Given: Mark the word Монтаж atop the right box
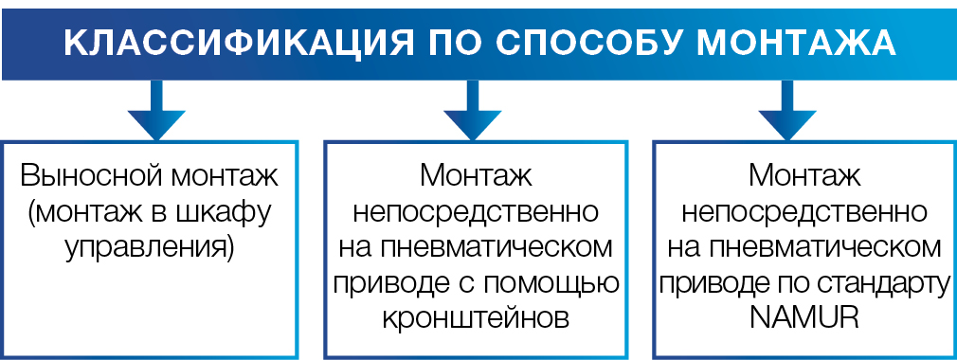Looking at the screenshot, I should tap(804, 177).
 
